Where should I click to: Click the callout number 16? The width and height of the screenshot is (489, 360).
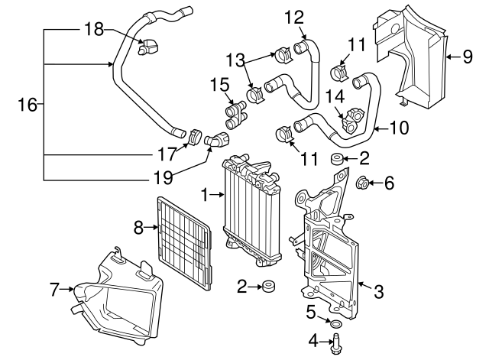[x=27, y=105]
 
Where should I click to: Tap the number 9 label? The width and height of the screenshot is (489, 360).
[x=468, y=55]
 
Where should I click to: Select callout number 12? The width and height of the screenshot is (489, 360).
[x=294, y=16]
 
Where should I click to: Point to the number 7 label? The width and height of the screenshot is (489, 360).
[x=54, y=289]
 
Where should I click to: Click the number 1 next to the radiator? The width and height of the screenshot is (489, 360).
[x=206, y=196]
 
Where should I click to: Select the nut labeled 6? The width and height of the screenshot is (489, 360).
[x=364, y=183]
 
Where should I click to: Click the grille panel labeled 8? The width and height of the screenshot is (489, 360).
[x=184, y=242]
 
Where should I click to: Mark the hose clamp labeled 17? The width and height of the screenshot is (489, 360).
[x=193, y=137]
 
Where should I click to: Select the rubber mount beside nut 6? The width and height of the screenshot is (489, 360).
[x=335, y=159]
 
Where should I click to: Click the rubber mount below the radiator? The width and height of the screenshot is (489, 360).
[x=269, y=288]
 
